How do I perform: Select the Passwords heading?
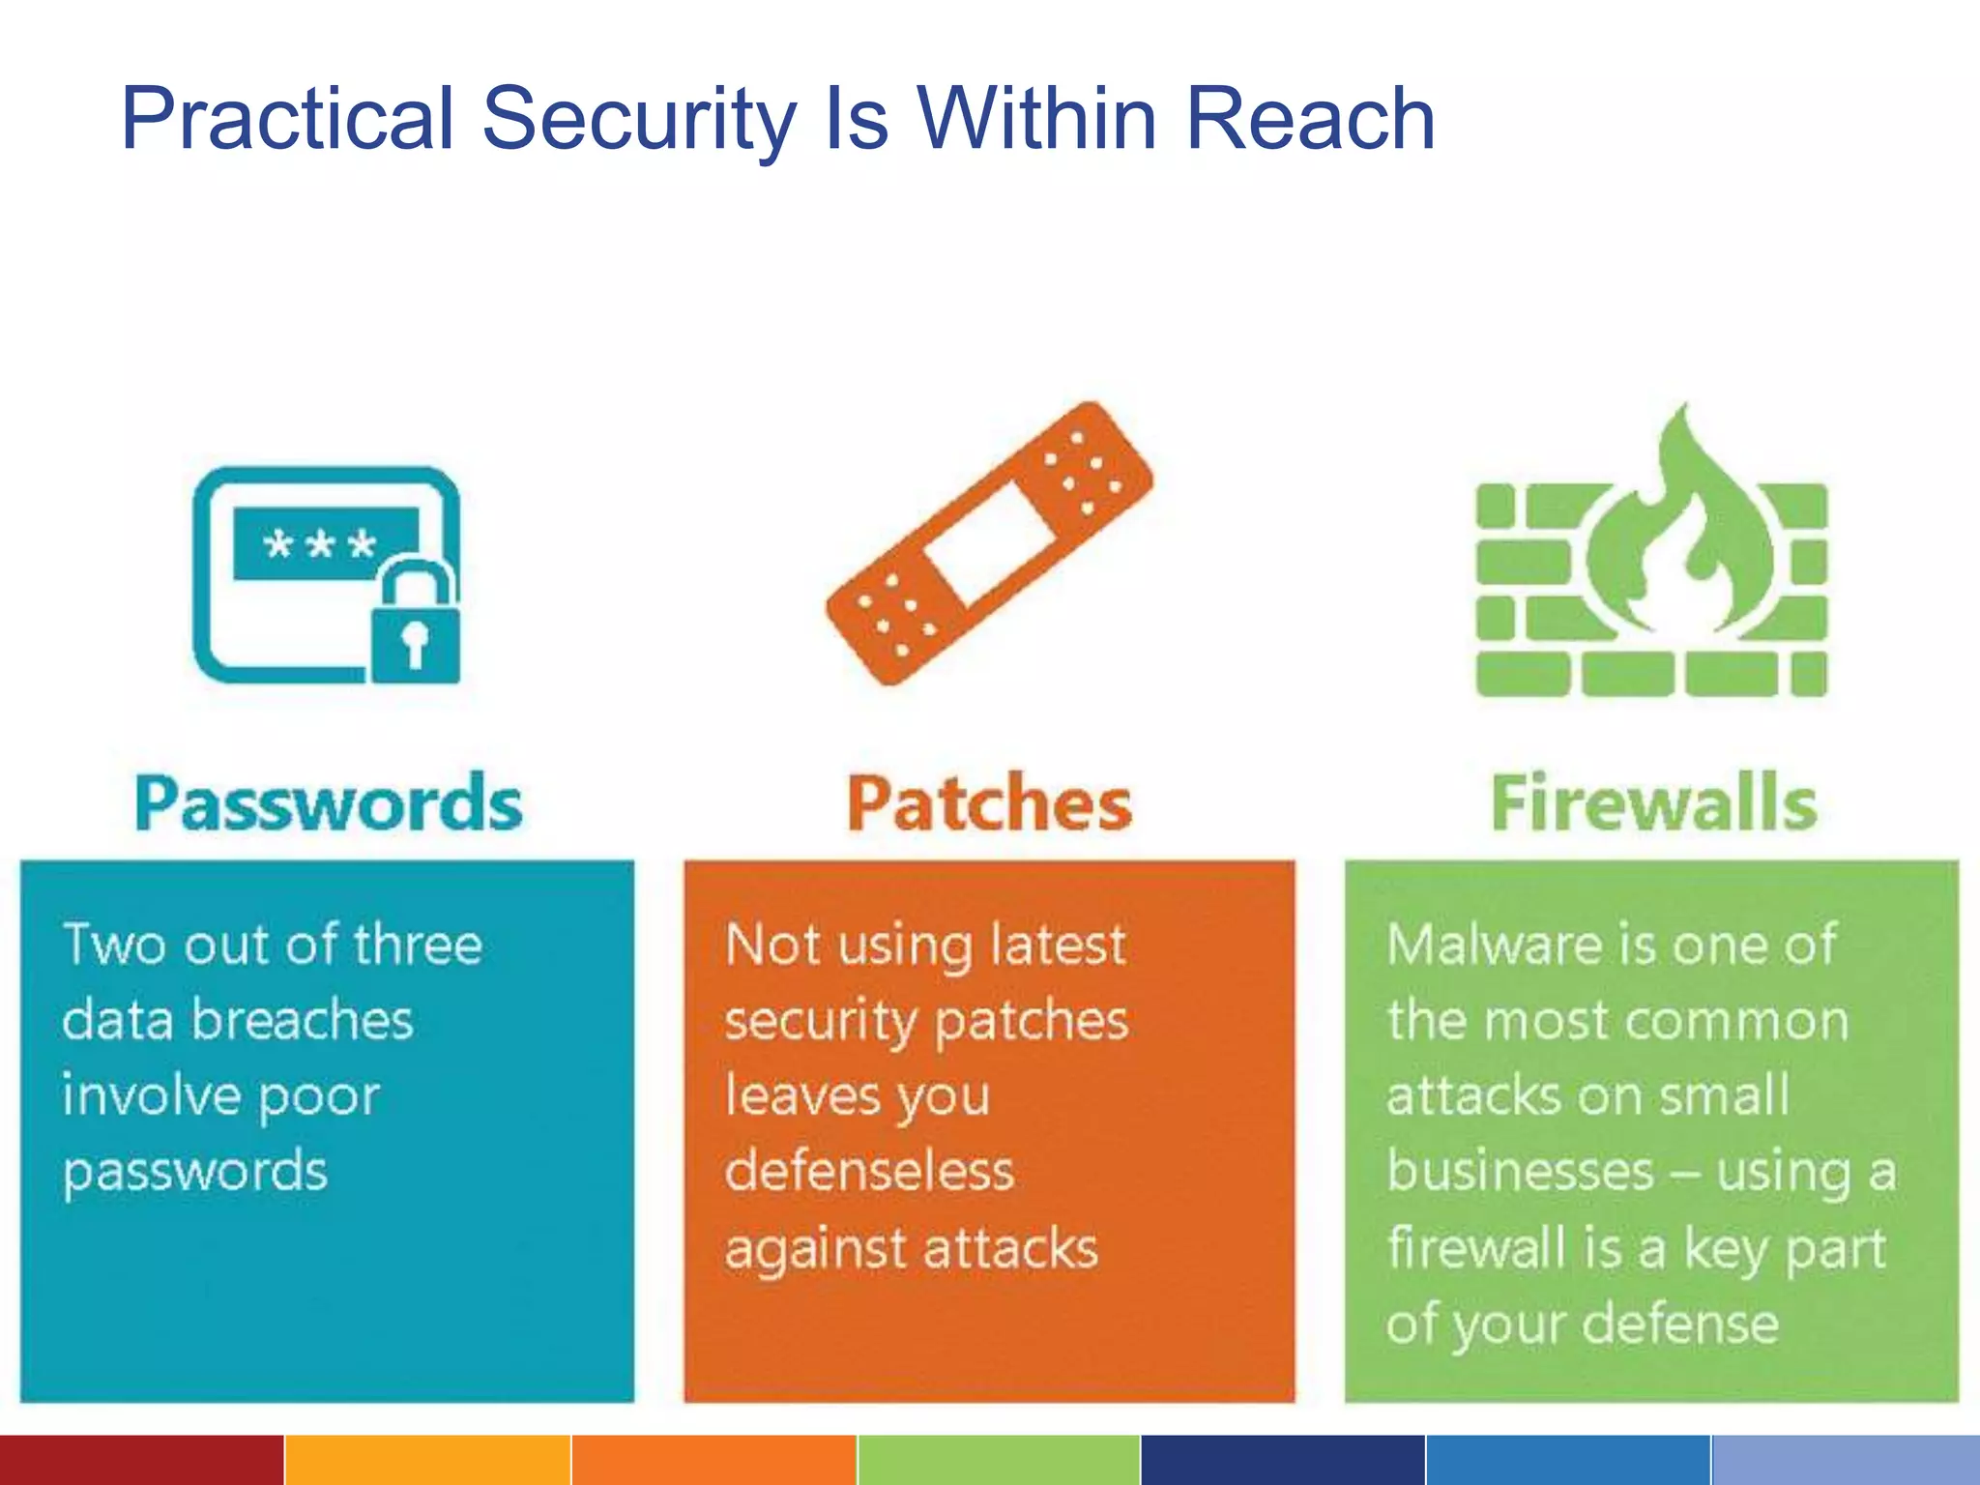click(x=329, y=802)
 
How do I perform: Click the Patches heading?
click(x=989, y=802)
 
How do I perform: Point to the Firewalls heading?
click(x=1653, y=802)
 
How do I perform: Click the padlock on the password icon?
click(x=416, y=626)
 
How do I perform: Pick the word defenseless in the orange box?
click(x=869, y=1171)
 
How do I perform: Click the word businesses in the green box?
click(x=1520, y=1171)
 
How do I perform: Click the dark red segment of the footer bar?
click(x=141, y=1460)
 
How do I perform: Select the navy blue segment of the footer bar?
click(x=1282, y=1460)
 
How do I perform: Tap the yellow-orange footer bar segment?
click(x=427, y=1460)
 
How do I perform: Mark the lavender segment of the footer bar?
click(x=1846, y=1460)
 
